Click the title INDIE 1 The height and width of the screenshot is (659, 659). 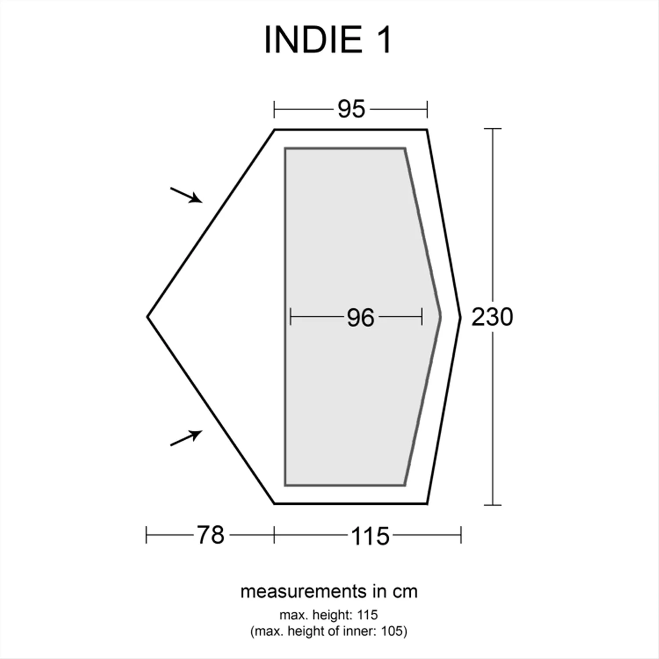[327, 40]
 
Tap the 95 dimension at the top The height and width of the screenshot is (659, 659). [351, 109]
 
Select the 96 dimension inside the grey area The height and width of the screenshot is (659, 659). [360, 317]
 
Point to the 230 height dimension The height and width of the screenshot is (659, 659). [492, 317]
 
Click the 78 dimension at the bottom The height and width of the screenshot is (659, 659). [210, 535]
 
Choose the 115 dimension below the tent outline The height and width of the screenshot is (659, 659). [370, 536]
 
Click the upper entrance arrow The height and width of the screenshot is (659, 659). [187, 195]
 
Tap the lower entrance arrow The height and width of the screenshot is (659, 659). [187, 438]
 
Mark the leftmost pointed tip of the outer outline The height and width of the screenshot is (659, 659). [148, 317]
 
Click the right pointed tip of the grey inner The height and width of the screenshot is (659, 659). [440, 316]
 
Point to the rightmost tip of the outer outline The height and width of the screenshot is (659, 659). [460, 317]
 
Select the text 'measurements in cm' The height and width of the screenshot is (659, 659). [329, 592]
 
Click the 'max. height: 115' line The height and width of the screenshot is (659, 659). [329, 615]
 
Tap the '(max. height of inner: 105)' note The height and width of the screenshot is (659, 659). [329, 631]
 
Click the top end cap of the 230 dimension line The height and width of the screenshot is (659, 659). [492, 129]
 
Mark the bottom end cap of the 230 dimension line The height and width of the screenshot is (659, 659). [492, 505]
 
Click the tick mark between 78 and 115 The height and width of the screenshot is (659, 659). [274, 535]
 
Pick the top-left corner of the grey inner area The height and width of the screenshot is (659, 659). [286, 148]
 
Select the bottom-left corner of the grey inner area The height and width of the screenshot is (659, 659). [286, 485]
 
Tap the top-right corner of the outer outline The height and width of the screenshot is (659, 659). [427, 130]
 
